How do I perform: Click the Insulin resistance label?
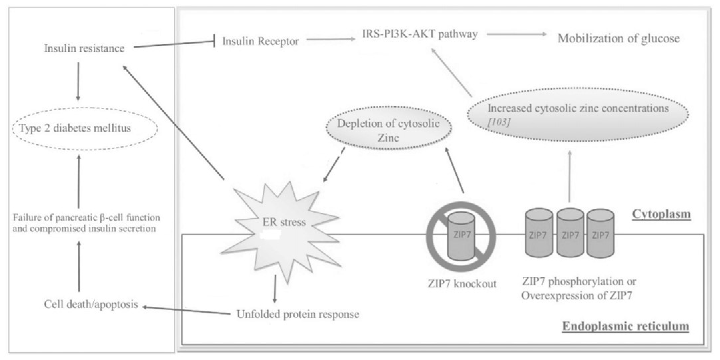tap(84, 49)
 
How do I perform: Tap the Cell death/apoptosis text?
tap(91, 304)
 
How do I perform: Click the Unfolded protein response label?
tap(298, 314)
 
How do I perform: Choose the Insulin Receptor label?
tap(260, 41)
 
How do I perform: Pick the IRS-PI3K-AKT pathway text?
tap(420, 34)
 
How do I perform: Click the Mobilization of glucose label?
tap(618, 39)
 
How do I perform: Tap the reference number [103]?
tap(499, 122)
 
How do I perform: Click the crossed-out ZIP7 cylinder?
tap(461, 237)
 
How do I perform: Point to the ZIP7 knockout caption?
tap(462, 284)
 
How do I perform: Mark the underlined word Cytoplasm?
tap(661, 214)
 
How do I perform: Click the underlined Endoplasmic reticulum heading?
tap(626, 326)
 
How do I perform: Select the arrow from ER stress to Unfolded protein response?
tap(275, 289)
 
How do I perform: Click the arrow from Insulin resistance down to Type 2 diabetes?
tap(78, 81)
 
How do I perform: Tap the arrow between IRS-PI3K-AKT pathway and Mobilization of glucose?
tap(516, 34)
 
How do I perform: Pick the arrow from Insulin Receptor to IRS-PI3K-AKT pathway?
tap(331, 39)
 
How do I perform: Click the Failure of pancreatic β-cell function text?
tap(86, 218)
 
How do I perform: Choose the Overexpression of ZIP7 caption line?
tap(577, 296)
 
